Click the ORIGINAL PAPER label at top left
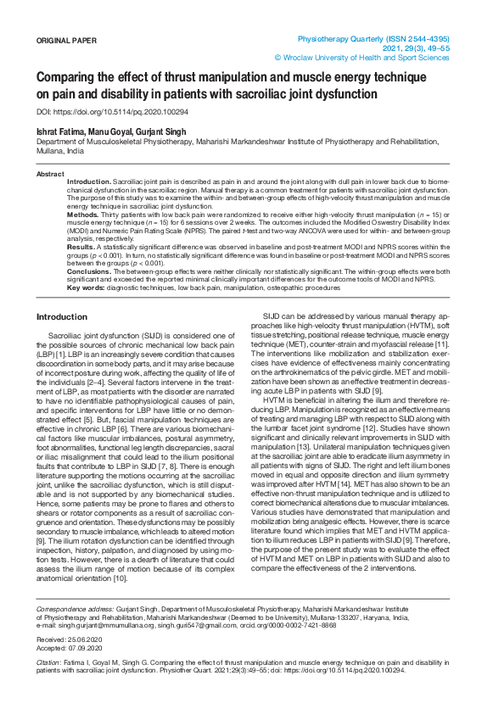pyautogui.click(x=67, y=40)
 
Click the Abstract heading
pyautogui.click(x=50, y=173)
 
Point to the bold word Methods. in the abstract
pyautogui.click(x=82, y=215)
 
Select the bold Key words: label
pyautogui.click(x=86, y=288)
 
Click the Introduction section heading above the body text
pyautogui.click(x=61, y=316)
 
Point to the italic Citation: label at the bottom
pyautogui.click(x=49, y=685)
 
